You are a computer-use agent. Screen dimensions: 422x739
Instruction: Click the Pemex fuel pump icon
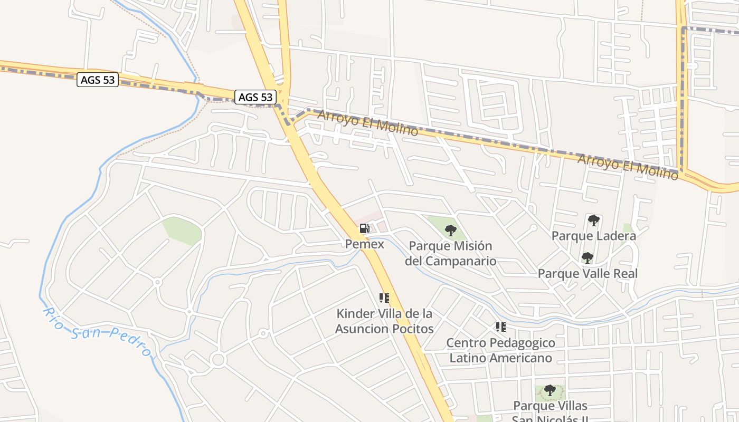click(364, 228)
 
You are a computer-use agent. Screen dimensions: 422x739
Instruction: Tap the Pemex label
click(364, 244)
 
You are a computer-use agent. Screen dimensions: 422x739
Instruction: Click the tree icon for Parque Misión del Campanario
click(450, 230)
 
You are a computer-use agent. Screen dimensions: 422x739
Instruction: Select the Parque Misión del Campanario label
click(450, 253)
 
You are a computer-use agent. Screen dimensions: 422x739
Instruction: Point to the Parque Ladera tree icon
click(593, 220)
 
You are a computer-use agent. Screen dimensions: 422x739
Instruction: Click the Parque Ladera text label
click(593, 236)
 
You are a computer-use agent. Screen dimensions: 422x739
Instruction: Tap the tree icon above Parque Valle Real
click(587, 258)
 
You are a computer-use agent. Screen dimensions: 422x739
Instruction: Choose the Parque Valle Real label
click(587, 274)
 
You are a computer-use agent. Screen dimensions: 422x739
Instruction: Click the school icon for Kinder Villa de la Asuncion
click(384, 298)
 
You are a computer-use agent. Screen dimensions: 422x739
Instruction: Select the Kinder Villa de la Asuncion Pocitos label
click(385, 321)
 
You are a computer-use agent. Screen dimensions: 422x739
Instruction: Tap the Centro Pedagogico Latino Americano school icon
click(500, 327)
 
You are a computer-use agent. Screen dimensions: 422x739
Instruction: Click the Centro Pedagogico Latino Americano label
click(500, 350)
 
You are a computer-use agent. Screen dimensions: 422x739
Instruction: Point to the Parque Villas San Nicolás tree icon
click(550, 391)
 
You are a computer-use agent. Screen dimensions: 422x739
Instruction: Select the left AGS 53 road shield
click(98, 80)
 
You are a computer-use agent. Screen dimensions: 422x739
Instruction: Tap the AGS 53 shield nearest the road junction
click(255, 97)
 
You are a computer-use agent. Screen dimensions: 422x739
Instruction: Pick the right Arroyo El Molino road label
click(628, 167)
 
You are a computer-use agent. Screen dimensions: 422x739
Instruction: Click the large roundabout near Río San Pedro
click(217, 360)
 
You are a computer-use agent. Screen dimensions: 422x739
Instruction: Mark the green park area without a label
click(182, 231)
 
